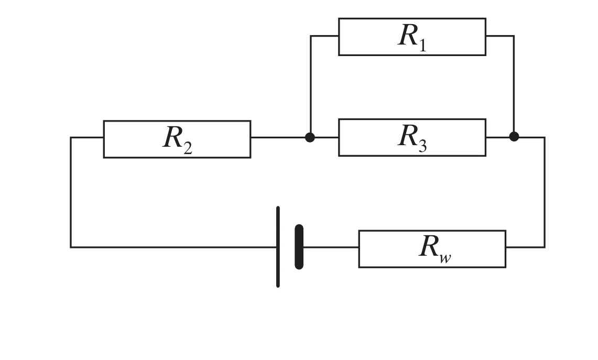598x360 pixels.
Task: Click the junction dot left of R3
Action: [310, 137]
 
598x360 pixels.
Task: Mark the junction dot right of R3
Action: [514, 136]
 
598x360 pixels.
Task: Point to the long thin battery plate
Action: [278, 247]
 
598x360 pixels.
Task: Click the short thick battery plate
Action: [299, 247]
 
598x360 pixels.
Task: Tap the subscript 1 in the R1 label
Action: [422, 44]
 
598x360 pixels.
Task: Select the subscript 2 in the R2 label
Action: [187, 147]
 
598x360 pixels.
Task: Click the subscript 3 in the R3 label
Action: [422, 145]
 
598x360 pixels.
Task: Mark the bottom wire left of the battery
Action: [173, 247]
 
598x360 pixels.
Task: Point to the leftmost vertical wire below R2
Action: [71, 192]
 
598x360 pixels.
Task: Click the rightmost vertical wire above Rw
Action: [545, 192]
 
